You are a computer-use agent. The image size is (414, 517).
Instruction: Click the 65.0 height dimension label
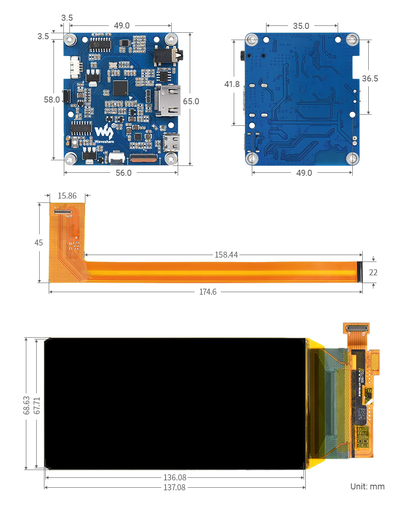click(x=191, y=102)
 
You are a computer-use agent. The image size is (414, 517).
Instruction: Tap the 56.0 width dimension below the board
click(x=123, y=173)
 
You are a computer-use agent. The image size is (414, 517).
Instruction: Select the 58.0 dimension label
click(x=52, y=100)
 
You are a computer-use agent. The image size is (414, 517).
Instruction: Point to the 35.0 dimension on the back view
click(x=301, y=26)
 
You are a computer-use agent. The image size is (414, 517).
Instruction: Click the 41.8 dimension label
click(x=232, y=84)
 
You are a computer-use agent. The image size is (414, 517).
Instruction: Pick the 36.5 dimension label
click(x=370, y=78)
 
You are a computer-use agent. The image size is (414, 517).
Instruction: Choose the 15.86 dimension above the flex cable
click(x=67, y=196)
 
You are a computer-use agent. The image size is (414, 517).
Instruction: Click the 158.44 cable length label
click(x=226, y=255)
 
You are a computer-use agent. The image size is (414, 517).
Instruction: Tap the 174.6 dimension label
click(x=208, y=292)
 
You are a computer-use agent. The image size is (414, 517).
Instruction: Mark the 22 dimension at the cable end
click(x=373, y=272)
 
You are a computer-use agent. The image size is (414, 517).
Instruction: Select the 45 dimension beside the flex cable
click(x=39, y=243)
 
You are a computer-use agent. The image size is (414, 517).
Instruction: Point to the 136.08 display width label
click(x=175, y=477)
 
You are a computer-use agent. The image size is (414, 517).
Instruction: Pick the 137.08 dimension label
click(x=175, y=487)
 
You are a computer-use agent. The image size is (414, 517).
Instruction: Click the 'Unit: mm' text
click(x=367, y=486)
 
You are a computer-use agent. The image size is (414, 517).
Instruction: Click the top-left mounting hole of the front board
click(x=70, y=40)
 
